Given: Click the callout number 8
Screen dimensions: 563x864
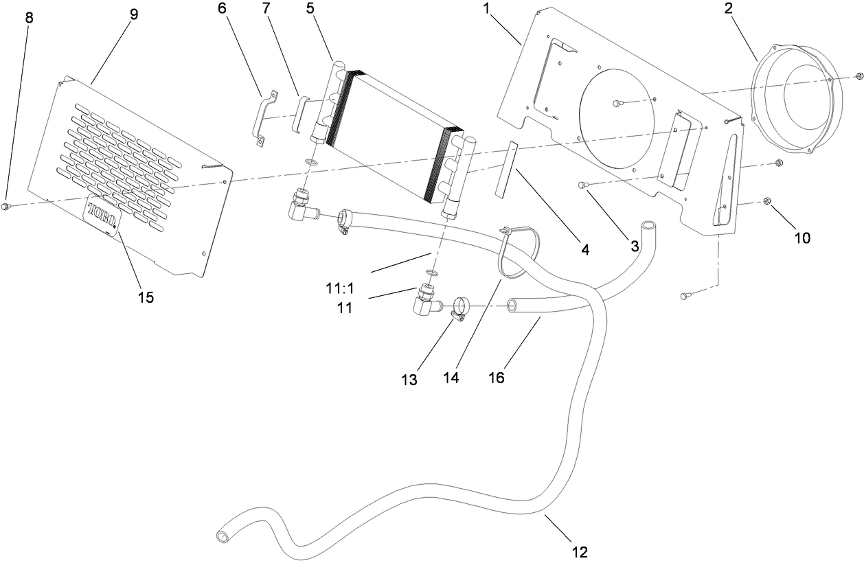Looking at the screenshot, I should (28, 18).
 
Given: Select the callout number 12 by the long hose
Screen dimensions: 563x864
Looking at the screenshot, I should (579, 551).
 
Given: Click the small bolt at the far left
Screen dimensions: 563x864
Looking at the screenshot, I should (5, 207).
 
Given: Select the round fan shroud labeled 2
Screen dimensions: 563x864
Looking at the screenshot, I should (797, 104).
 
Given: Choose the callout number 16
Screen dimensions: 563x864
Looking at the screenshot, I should (496, 377).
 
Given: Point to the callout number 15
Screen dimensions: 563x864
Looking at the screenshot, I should (146, 297).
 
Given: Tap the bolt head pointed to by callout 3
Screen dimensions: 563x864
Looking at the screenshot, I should (583, 185).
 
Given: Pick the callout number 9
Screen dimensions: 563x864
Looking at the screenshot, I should (132, 14).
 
